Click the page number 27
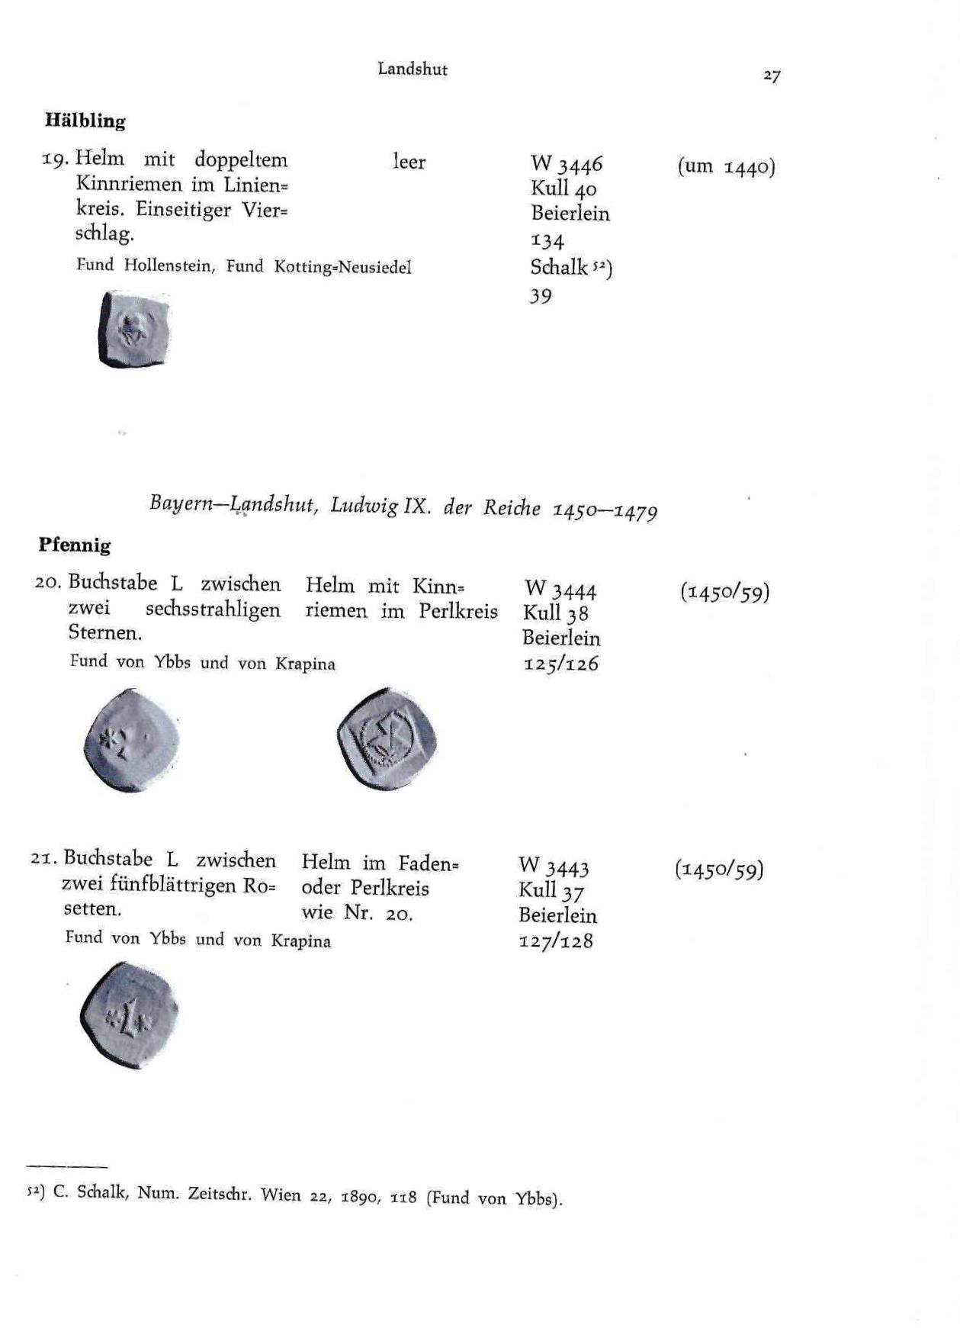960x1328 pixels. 772,76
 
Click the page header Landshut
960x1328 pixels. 413,69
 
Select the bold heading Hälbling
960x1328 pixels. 85,121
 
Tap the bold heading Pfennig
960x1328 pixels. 75,545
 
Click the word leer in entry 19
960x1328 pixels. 409,162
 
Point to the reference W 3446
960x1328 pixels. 567,163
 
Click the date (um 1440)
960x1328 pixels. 726,166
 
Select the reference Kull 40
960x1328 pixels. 563,188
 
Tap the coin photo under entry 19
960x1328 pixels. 133,330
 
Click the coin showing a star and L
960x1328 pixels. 131,740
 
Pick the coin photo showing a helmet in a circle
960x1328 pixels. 387,738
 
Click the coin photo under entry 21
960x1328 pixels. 129,1014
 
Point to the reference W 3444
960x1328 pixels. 560,589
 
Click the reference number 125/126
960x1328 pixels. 560,664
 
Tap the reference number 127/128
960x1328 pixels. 556,941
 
